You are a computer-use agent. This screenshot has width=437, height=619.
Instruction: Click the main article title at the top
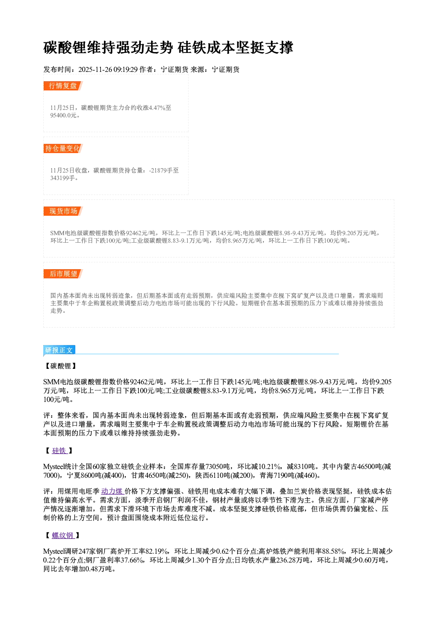coord(168,48)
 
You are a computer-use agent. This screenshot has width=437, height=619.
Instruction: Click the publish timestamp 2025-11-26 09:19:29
coord(108,69)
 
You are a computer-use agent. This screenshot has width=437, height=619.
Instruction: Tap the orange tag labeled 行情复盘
coord(63,86)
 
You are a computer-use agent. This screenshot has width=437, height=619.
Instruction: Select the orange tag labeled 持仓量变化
coord(63,148)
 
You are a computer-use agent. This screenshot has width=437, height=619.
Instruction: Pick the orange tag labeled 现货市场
coord(63,211)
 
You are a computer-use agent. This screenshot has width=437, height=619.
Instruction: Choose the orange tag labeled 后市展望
coord(63,274)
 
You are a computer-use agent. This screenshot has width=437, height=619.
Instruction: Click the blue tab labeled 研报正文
coord(59,350)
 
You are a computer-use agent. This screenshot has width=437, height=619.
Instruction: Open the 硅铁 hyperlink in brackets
coord(59,451)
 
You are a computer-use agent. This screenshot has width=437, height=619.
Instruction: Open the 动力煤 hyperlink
coord(112,491)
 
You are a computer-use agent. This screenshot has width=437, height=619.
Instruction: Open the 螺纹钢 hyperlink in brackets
coord(63,535)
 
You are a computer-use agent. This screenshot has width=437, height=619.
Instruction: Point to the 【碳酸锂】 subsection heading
coord(61,366)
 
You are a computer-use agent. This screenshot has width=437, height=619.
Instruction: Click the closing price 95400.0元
coord(63,115)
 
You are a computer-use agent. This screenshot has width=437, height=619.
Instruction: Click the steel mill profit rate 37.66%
coord(133,560)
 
